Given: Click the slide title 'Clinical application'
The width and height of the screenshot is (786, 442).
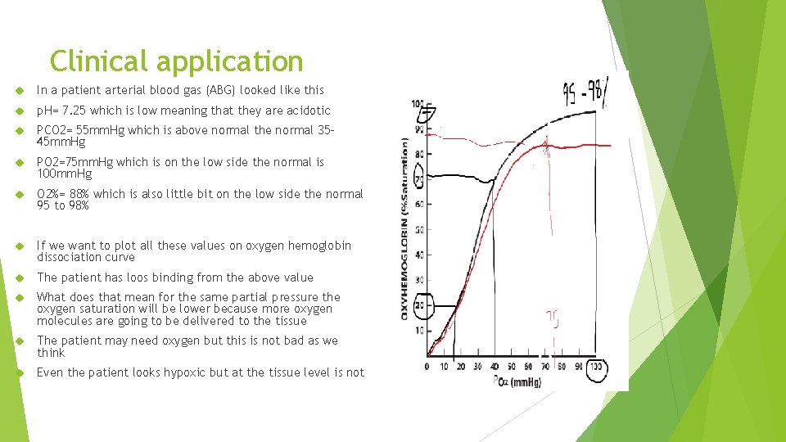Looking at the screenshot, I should (176, 61).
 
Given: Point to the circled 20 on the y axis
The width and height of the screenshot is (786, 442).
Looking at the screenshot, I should (419, 305).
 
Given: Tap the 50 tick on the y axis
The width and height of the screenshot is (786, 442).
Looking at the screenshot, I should (419, 230).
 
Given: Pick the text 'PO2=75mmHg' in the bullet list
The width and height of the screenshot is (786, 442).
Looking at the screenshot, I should (75, 162).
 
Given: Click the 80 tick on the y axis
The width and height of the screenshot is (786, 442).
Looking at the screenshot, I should (419, 154).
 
